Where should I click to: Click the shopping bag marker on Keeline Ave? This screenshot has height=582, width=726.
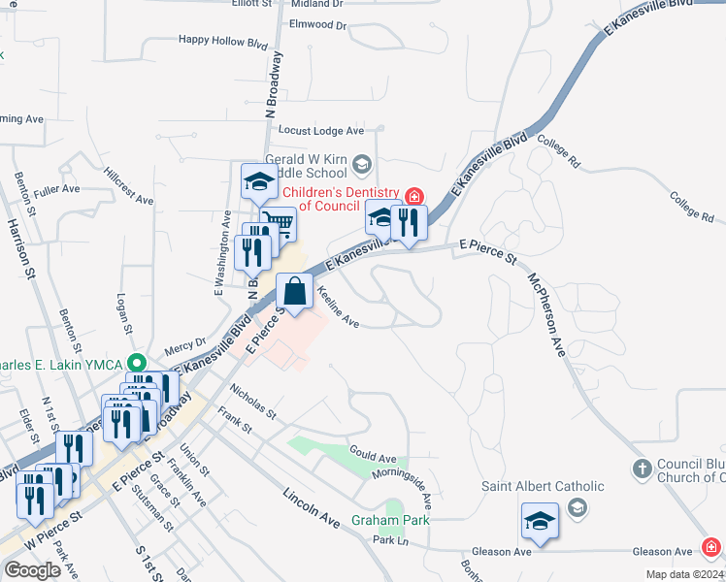[295, 290]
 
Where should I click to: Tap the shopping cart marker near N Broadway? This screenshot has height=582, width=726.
[280, 224]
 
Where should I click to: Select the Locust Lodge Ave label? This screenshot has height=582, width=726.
[320, 130]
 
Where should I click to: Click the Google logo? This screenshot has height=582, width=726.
[32, 569]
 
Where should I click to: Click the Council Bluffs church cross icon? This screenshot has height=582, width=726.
[641, 469]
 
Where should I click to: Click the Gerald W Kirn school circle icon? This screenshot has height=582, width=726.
[362, 162]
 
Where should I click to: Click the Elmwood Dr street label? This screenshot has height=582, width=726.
[317, 24]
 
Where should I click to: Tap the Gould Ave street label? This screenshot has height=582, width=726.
[373, 457]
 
